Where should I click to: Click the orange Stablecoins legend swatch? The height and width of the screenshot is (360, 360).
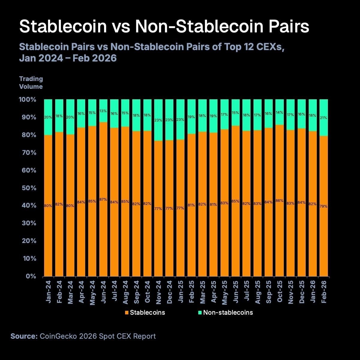point(127,313)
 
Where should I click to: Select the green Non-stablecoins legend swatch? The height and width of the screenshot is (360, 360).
point(200,313)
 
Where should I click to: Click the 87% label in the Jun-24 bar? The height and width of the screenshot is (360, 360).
point(103,199)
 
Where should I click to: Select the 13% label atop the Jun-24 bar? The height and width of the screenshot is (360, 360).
point(103,111)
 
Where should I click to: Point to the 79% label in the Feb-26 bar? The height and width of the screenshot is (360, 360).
point(324,206)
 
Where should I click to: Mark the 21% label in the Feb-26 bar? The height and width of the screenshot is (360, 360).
point(324,118)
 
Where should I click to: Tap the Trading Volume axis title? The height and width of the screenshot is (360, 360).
point(31,82)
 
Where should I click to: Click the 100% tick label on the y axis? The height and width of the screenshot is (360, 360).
point(28,100)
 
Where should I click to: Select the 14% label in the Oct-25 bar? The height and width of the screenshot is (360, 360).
point(279,112)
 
